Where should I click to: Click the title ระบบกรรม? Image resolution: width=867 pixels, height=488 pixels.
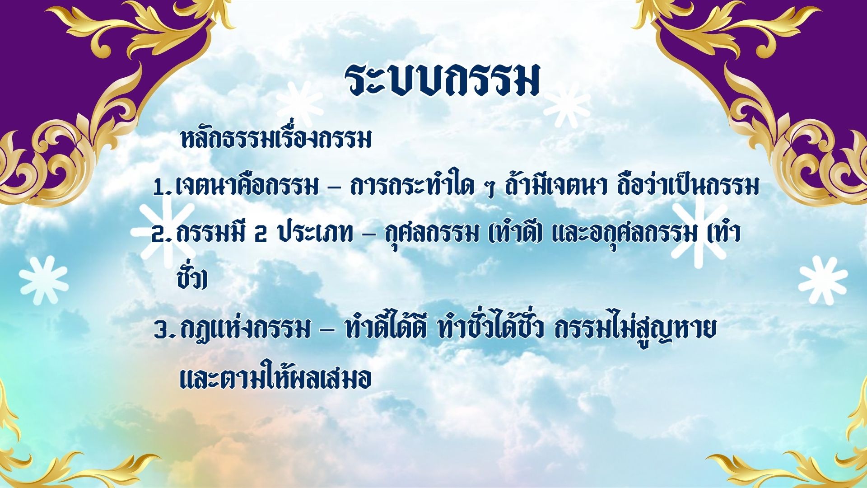[x=443, y=80]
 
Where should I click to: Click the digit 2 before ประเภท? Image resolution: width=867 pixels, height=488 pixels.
[x=261, y=235]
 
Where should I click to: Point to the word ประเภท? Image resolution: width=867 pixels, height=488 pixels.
[x=314, y=233]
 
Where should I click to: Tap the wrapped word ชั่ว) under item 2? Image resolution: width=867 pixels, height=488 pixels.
[x=191, y=277]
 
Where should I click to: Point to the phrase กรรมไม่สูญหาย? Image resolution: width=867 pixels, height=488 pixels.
[x=635, y=328]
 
